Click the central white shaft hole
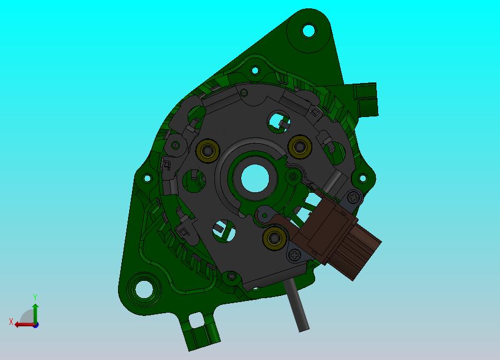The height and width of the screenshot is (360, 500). pyautogui.click(x=255, y=178)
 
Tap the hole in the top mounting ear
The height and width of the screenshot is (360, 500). pyautogui.click(x=308, y=31)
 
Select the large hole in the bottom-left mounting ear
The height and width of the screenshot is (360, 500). pyautogui.click(x=144, y=289)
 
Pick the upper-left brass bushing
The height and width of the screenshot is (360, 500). pyautogui.click(x=208, y=150)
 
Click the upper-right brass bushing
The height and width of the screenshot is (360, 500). pyautogui.click(x=300, y=147)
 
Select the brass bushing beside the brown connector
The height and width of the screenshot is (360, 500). pyautogui.click(x=274, y=238)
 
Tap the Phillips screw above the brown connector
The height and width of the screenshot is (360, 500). pyautogui.click(x=353, y=197)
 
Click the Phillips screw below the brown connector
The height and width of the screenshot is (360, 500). pyautogui.click(x=295, y=255)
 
